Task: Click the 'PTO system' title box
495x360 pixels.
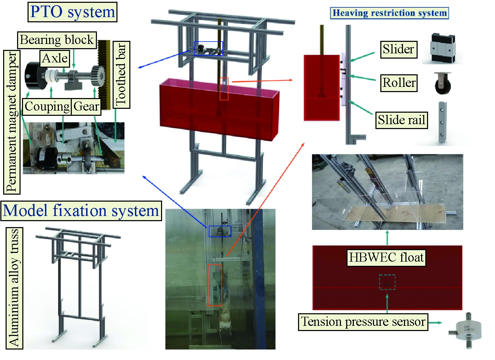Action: [73, 12]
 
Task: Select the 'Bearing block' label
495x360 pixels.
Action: [57, 40]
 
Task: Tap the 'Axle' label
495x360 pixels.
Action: [55, 58]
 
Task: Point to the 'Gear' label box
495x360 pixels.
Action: [86, 106]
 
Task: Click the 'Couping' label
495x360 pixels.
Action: [47, 106]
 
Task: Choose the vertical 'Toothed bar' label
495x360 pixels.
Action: [121, 74]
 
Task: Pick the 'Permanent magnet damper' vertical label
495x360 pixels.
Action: [12, 122]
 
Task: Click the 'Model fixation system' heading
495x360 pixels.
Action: [81, 211]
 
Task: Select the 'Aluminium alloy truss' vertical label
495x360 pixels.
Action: [14, 288]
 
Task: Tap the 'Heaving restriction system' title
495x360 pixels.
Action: [389, 13]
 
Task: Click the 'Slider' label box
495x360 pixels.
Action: [398, 49]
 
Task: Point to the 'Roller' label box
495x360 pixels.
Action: [399, 83]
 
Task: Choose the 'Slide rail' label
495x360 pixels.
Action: [401, 120]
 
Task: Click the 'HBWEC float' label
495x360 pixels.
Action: [386, 257]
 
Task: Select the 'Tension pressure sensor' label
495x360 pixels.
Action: [363, 321]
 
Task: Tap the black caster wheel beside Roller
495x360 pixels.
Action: [442, 83]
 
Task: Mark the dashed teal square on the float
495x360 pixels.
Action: [387, 282]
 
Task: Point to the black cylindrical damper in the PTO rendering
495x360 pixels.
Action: [35, 75]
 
